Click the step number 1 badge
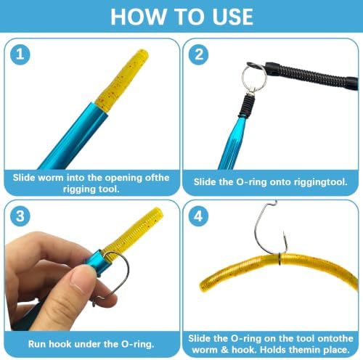20,54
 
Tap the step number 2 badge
199,54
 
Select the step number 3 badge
20,216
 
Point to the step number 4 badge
199,216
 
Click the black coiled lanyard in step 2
312,75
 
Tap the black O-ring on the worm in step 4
280,259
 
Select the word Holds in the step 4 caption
273,350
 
